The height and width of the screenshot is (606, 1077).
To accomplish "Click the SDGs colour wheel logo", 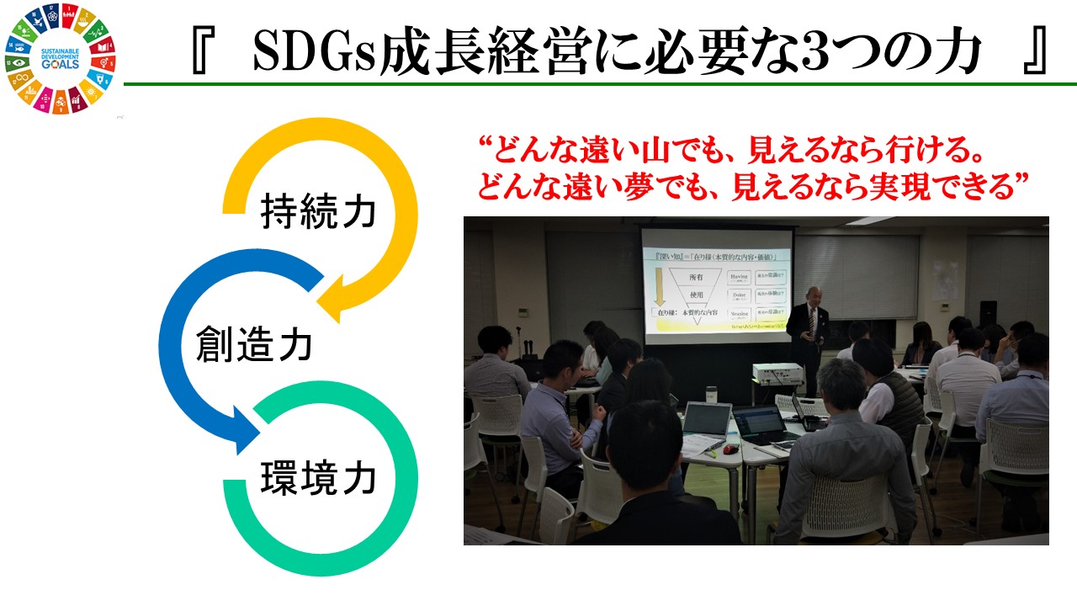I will tap(60, 59).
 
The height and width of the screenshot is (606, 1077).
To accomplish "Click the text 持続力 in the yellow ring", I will tap(318, 212).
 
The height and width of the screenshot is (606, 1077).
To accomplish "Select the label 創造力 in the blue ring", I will tap(254, 345).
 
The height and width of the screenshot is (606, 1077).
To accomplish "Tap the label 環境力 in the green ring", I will tap(318, 480).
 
